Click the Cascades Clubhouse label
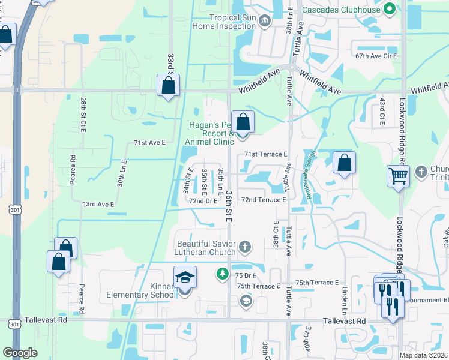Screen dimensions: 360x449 tap(340, 10)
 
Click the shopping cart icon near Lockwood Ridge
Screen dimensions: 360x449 tap(398, 177)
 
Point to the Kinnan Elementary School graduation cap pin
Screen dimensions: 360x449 tap(185, 278)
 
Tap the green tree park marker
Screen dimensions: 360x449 tap(222, 274)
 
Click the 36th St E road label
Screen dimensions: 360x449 tap(229, 206)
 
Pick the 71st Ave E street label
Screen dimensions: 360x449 tap(149, 143)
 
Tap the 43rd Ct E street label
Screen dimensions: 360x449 tap(382, 112)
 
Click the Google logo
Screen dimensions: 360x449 tap(20, 353)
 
